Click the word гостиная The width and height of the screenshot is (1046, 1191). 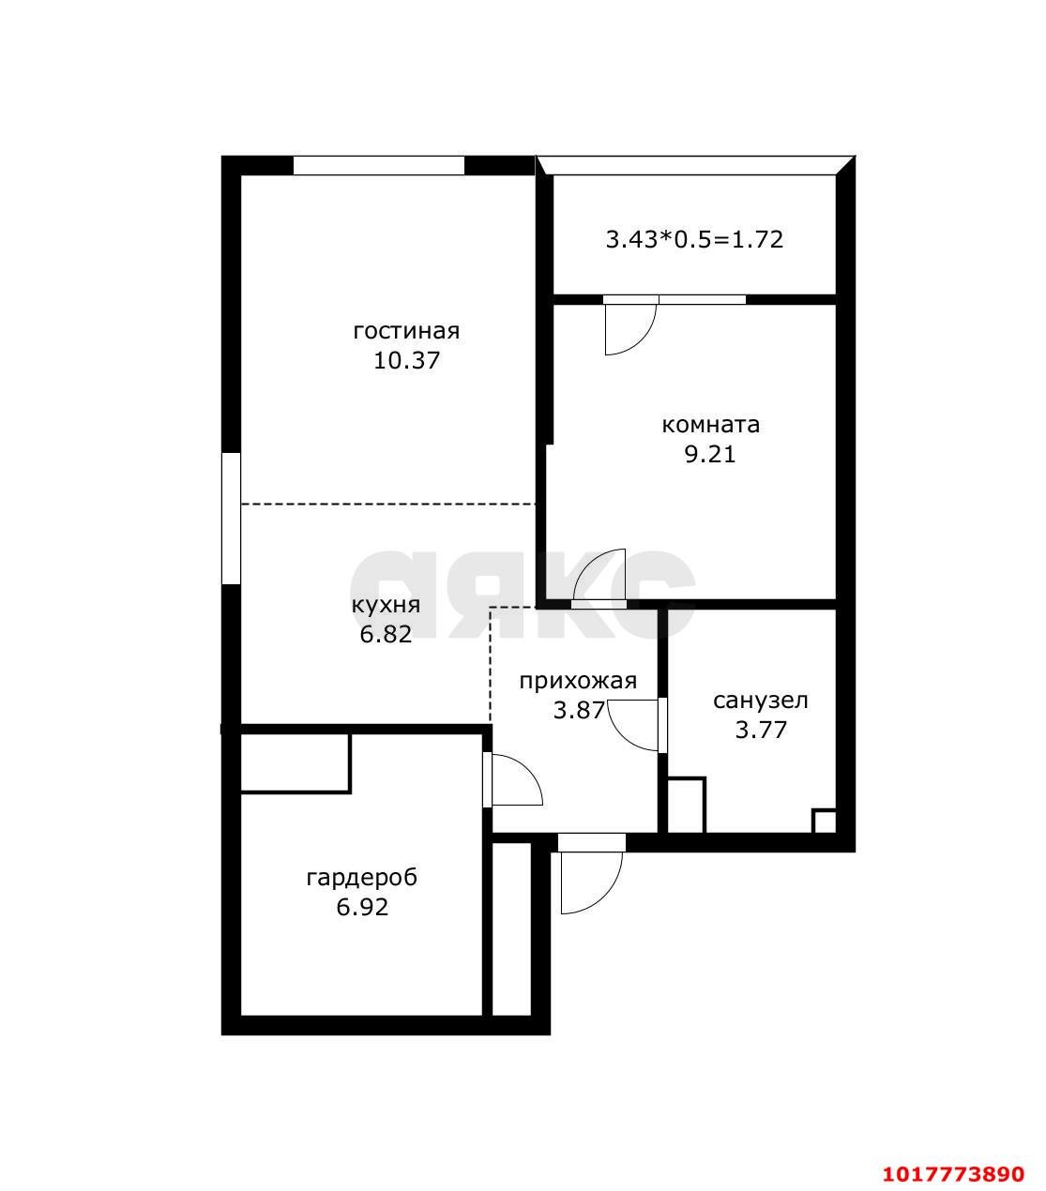pos(406,332)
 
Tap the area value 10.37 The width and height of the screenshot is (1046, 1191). pos(407,360)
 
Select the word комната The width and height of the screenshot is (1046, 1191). pos(710,425)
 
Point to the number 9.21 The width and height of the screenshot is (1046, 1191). pos(710,455)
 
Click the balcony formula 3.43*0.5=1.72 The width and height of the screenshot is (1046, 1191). pos(694,240)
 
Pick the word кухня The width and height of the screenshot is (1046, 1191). pos(386,605)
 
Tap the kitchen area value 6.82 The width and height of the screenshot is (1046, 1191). pos(386,634)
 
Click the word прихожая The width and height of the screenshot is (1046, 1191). pos(578,682)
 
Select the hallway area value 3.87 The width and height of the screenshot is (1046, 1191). pos(579,711)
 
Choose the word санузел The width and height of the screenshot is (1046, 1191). pos(761,701)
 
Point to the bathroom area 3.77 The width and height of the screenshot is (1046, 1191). pos(761,730)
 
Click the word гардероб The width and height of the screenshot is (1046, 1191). pos(361,878)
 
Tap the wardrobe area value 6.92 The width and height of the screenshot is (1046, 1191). pos(362,907)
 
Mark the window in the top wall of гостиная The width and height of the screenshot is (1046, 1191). pos(379,165)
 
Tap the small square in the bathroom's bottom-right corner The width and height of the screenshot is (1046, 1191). pos(824,821)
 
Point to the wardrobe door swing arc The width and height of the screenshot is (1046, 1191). pos(527,771)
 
